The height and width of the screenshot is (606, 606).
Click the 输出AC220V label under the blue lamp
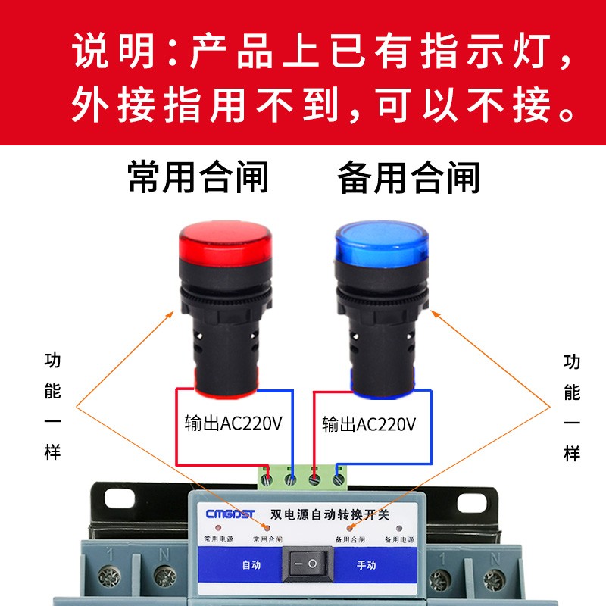coord(369,423)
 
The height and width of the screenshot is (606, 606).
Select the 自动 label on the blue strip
coord(251,565)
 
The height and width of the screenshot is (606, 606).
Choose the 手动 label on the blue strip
coord(367,565)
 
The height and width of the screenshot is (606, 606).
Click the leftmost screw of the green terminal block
coord(267,478)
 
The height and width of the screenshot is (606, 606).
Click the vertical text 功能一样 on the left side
coord(52,407)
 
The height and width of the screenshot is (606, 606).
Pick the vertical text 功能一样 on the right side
coord(572,407)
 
